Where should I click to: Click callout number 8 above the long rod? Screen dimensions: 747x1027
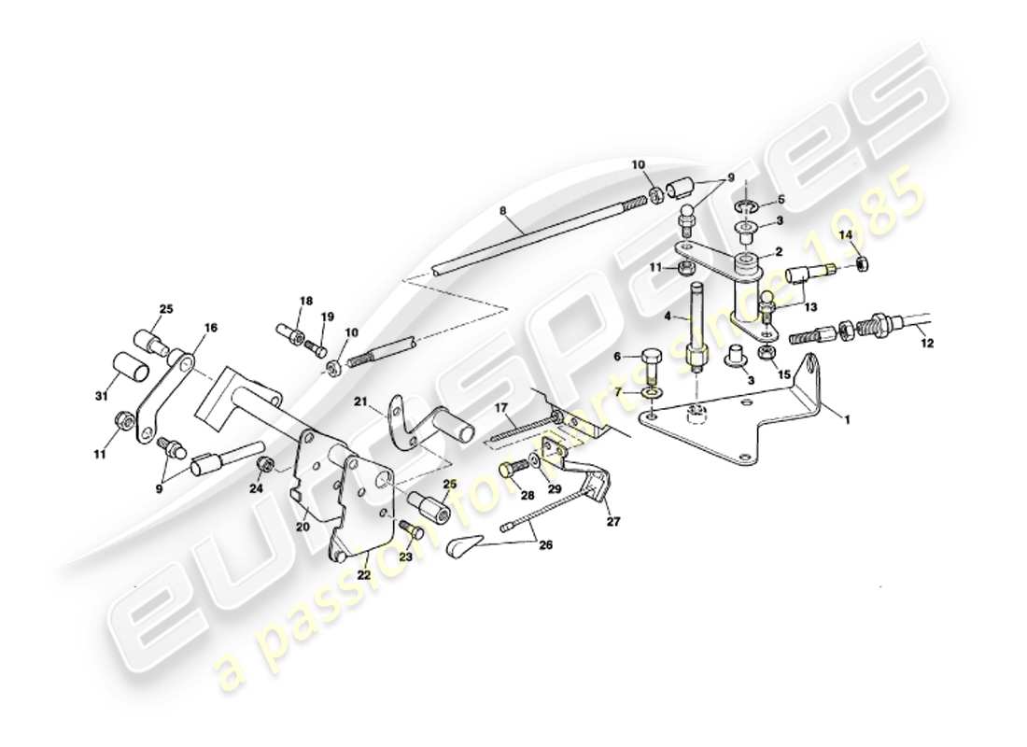click(503, 212)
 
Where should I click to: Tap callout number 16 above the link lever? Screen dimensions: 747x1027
click(210, 328)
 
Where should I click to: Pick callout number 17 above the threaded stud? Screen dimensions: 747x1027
click(500, 407)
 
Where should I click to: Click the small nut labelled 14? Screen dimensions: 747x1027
click(865, 266)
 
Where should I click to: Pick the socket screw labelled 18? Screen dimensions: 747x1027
click(288, 331)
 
